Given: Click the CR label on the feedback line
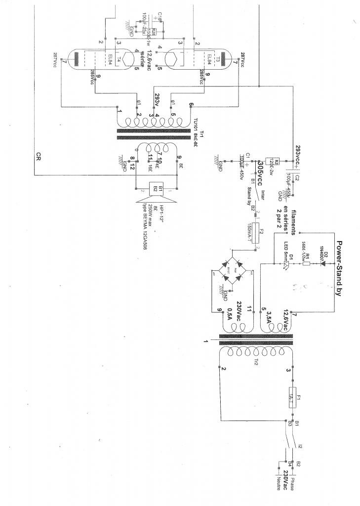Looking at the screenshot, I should pyautogui.click(x=39, y=158).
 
